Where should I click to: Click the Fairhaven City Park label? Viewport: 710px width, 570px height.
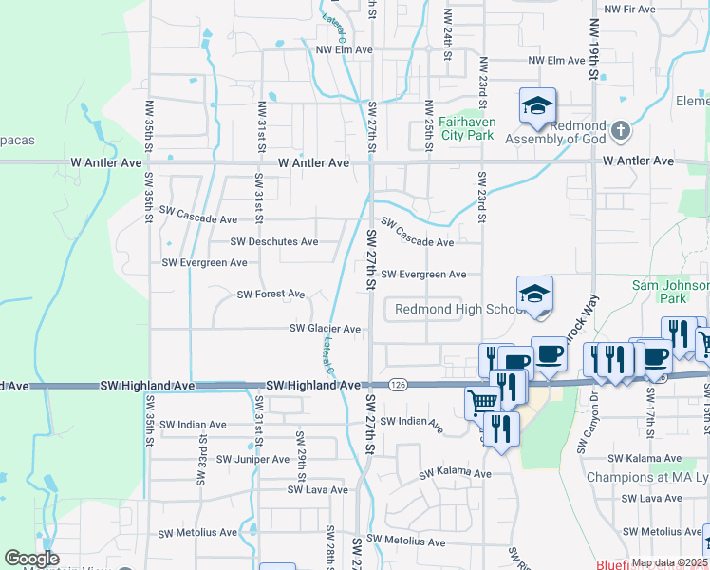pyautogui.click(x=468, y=128)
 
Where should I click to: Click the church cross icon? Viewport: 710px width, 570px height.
pyautogui.click(x=620, y=129)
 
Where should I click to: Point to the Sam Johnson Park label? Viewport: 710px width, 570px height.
pyautogui.click(x=671, y=292)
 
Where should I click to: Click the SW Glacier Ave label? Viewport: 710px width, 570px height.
pyautogui.click(x=325, y=329)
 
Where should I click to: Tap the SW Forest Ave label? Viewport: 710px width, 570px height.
pyautogui.click(x=271, y=294)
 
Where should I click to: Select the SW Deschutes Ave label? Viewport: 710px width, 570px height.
pyautogui.click(x=273, y=241)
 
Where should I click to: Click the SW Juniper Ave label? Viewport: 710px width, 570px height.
pyautogui.click(x=252, y=459)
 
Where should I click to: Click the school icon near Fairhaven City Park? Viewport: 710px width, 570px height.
pyautogui.click(x=537, y=106)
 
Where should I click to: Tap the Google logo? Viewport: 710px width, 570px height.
pyautogui.click(x=31, y=558)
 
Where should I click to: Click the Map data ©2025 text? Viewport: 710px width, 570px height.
pyautogui.click(x=669, y=562)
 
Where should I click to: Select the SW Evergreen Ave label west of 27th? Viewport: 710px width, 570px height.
pyautogui.click(x=204, y=262)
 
